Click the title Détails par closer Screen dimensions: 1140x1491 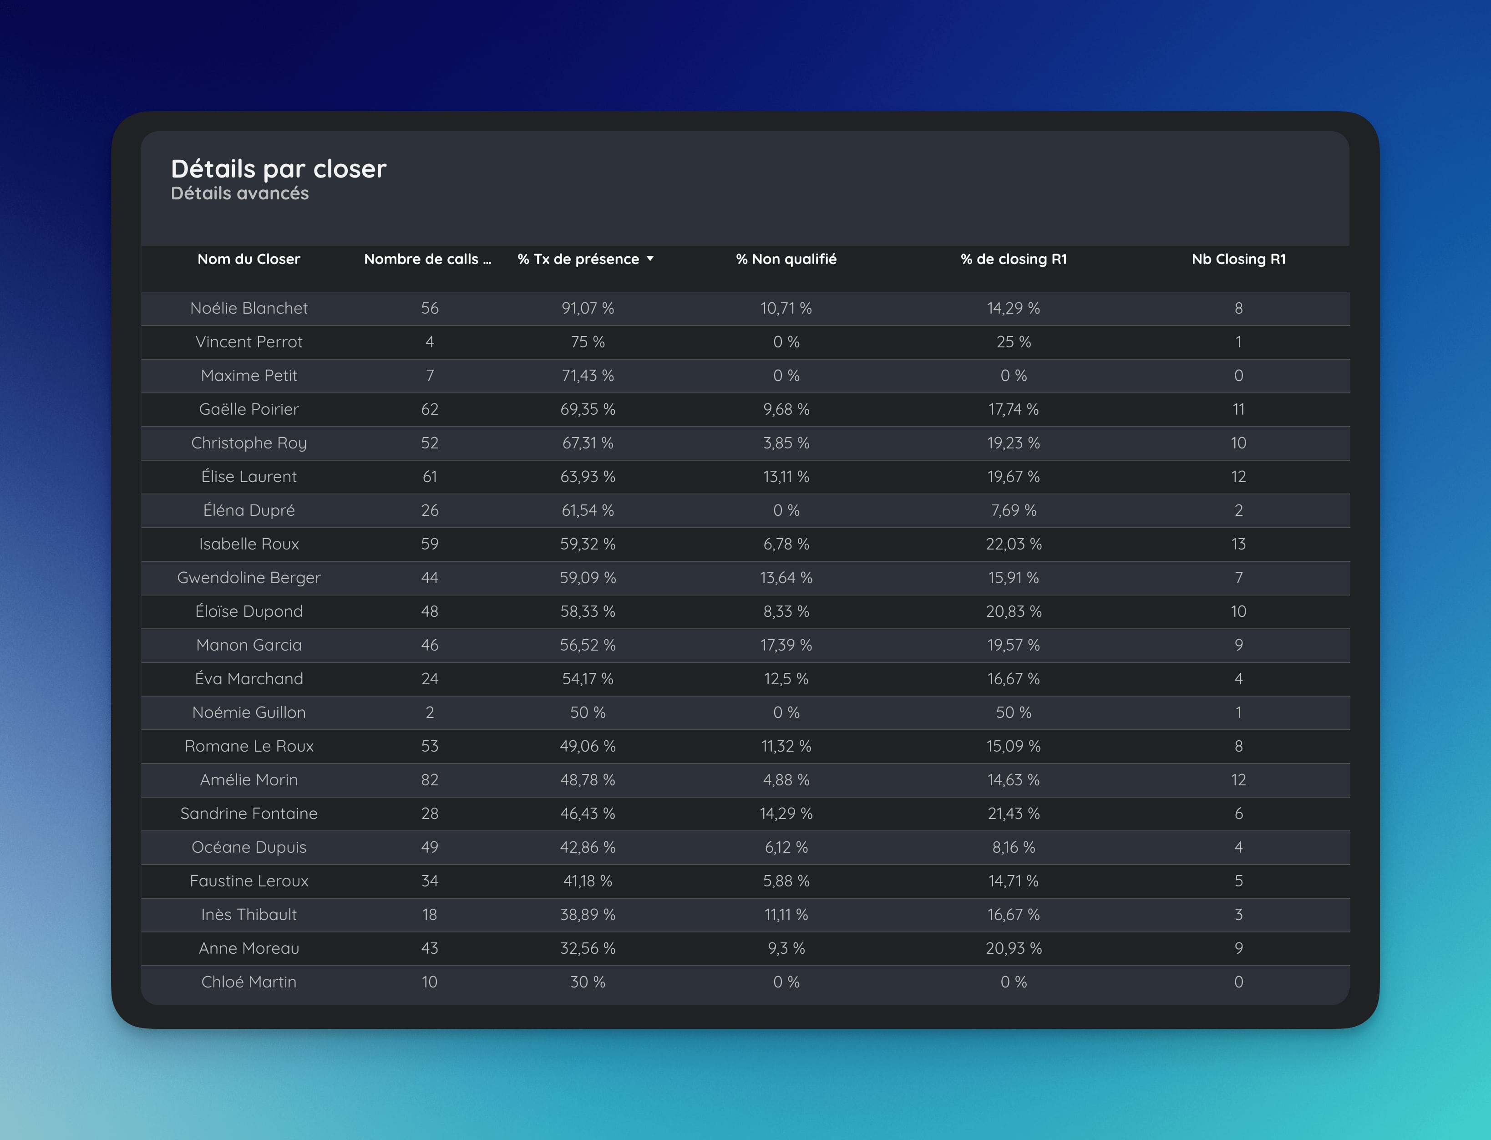tap(278, 168)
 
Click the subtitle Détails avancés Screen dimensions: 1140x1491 tap(239, 193)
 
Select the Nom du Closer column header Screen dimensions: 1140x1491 tap(248, 259)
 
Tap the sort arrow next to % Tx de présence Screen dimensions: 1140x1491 tap(650, 259)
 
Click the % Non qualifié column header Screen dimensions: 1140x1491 tap(786, 259)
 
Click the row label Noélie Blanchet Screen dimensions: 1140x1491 tap(248, 308)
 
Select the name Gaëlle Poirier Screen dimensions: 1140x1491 tap(248, 409)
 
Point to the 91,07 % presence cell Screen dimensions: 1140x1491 tap(588, 308)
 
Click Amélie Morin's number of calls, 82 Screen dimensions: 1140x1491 tap(429, 780)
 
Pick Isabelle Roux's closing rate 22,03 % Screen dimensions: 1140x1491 tap(1014, 544)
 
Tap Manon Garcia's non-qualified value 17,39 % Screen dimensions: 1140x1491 tap(786, 645)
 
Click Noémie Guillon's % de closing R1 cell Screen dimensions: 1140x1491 tap(1014, 712)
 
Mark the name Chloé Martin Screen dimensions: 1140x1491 tap(248, 982)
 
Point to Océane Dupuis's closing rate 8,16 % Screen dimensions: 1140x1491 tap(1014, 848)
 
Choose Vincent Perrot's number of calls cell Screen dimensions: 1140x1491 tap(429, 342)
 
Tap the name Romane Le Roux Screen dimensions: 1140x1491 tap(248, 747)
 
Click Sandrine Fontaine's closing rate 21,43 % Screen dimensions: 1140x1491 tap(1014, 814)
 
